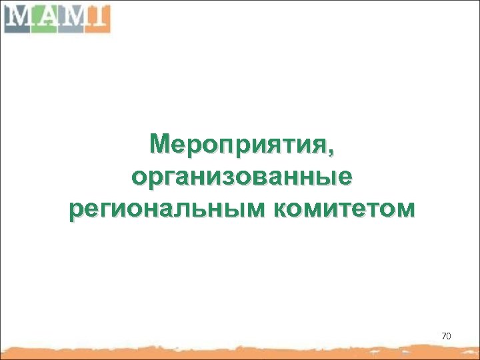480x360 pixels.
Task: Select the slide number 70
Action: tap(446, 336)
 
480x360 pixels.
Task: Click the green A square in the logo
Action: tap(44, 17)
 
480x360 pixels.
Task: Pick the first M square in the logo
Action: tap(18, 17)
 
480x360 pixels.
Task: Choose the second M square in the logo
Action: tap(70, 17)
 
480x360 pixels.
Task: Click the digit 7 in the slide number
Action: tap(443, 336)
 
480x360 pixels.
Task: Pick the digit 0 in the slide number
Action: tap(449, 336)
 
